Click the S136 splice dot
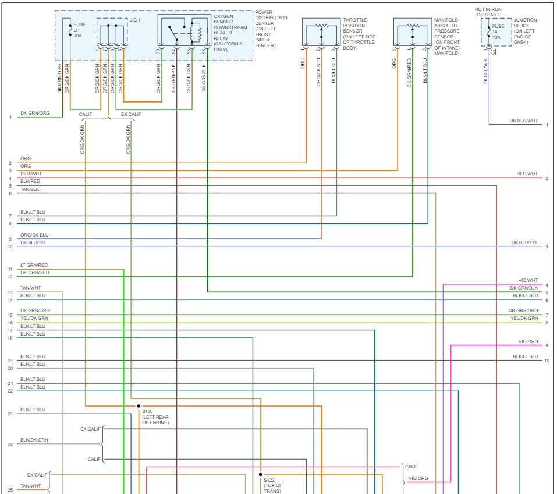[139, 405]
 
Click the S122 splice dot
[261, 475]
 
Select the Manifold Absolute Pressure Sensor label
[446, 36]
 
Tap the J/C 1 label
[134, 20]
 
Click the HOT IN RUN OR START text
[488, 12]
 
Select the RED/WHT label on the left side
[31, 174]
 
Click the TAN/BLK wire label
[30, 189]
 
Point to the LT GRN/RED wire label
[34, 265]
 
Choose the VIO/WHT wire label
[528, 281]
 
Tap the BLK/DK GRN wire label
[34, 440]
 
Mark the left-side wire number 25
[10, 490]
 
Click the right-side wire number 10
[547, 361]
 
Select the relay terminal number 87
[173, 51]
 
